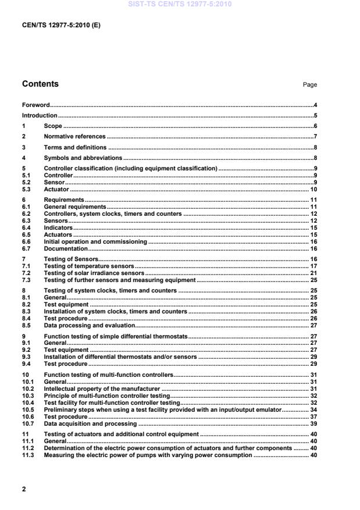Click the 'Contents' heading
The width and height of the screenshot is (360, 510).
point(40,84)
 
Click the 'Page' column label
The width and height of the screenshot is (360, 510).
point(309,85)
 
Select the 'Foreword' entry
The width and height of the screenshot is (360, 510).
point(35,105)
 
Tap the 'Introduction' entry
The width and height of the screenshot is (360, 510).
point(40,116)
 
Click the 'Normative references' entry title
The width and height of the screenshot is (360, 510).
point(74,136)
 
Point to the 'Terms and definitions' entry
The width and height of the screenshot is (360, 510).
point(75,147)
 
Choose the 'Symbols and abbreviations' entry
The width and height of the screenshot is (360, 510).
point(83,158)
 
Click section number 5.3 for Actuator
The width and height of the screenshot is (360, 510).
point(26,189)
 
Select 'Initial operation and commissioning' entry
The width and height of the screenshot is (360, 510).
point(95,241)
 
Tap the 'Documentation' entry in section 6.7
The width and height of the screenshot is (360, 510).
point(66,248)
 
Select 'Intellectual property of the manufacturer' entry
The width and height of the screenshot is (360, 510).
point(101,388)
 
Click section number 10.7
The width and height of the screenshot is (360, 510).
point(28,423)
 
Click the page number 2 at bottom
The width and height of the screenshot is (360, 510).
point(24,489)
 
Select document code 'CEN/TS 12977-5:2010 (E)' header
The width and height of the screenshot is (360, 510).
point(61,25)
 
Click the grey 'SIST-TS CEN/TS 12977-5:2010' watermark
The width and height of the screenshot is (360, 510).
point(179,3)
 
